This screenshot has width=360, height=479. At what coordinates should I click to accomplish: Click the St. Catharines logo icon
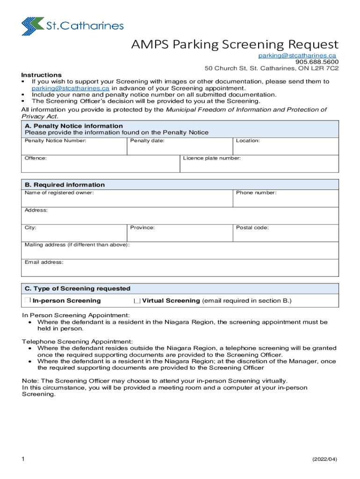pyautogui.click(x=33, y=26)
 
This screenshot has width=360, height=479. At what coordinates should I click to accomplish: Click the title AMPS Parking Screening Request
pyautogui.click(x=234, y=44)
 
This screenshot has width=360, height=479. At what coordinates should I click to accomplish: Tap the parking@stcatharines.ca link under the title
pyautogui.click(x=297, y=56)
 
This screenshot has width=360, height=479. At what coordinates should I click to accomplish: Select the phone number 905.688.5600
pyautogui.click(x=317, y=62)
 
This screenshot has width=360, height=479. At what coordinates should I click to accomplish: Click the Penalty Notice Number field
pyautogui.click(x=74, y=148)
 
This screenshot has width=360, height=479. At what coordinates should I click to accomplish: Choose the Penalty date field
pyautogui.click(x=180, y=148)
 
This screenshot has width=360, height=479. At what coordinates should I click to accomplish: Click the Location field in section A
pyautogui.click(x=286, y=148)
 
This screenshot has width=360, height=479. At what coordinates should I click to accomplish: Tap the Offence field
pyautogui.click(x=101, y=166)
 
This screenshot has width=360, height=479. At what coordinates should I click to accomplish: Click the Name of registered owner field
pyautogui.click(x=127, y=200)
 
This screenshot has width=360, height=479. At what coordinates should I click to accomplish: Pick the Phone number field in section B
pyautogui.click(x=286, y=200)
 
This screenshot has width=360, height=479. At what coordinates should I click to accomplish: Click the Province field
pyautogui.click(x=180, y=235)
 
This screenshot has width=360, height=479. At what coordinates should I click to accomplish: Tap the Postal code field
pyautogui.click(x=286, y=235)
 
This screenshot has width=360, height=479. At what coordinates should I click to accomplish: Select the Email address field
pyautogui.click(x=180, y=269)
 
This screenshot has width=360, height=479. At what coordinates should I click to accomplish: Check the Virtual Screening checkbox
pyautogui.click(x=137, y=301)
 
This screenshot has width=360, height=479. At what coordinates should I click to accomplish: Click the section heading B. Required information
pyautogui.click(x=65, y=185)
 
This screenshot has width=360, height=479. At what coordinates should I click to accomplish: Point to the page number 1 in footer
pyautogui.click(x=23, y=459)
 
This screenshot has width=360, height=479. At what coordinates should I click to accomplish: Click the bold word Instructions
pyautogui.click(x=41, y=75)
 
